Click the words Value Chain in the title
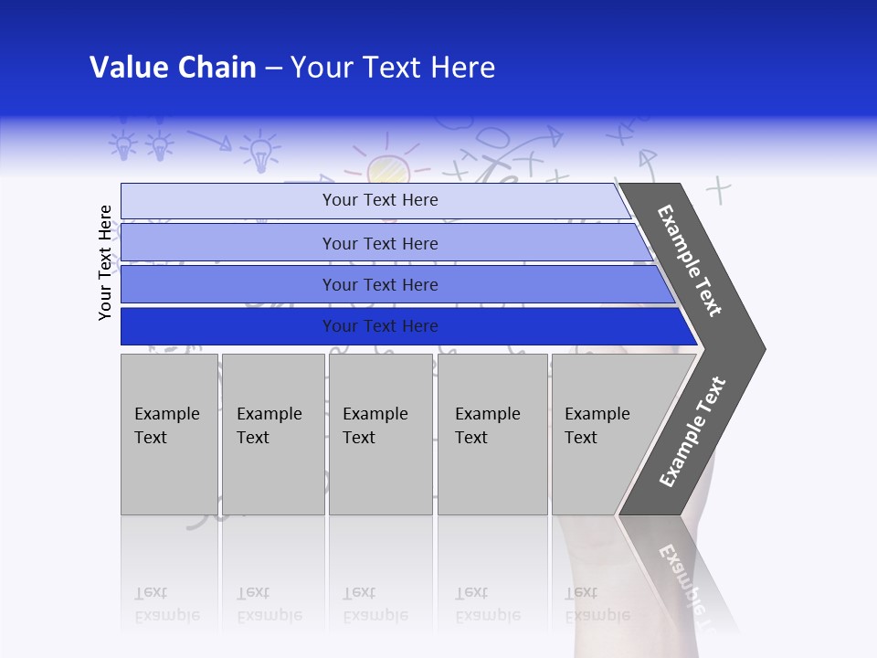pyautogui.click(x=173, y=68)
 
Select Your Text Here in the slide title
pyautogui.click(x=393, y=68)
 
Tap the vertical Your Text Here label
pyautogui.click(x=106, y=262)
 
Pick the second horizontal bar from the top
pyautogui.click(x=379, y=243)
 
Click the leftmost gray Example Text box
pyautogui.click(x=169, y=434)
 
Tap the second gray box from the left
pyautogui.click(x=273, y=434)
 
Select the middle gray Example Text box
pyautogui.click(x=380, y=434)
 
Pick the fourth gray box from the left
pyautogui.click(x=492, y=434)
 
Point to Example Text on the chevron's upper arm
pyautogui.click(x=690, y=260)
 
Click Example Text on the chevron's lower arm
pyautogui.click(x=692, y=432)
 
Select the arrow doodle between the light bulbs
pyautogui.click(x=209, y=139)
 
